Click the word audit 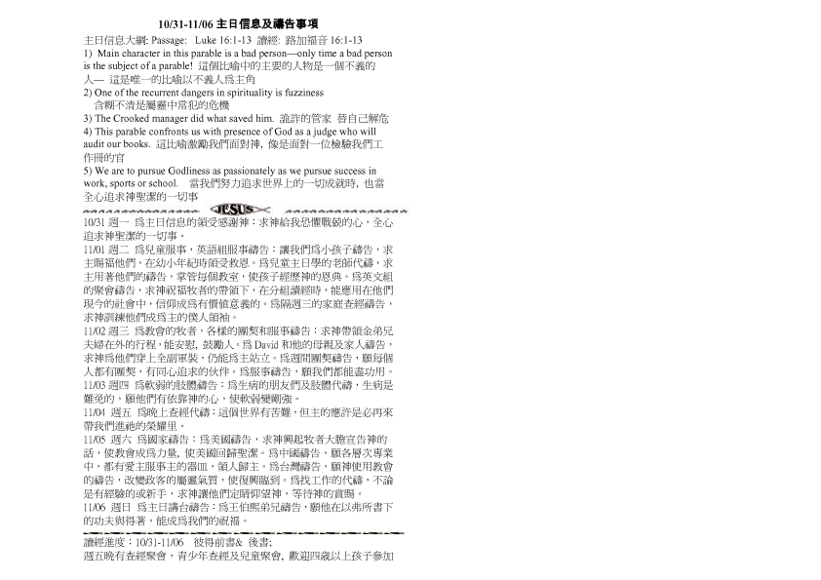pos(95,144)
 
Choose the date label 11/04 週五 pos(102,413)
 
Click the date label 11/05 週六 pos(102,440)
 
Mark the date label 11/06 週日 pos(102,508)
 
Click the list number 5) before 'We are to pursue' pos(89,171)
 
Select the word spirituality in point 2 pos(244,92)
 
